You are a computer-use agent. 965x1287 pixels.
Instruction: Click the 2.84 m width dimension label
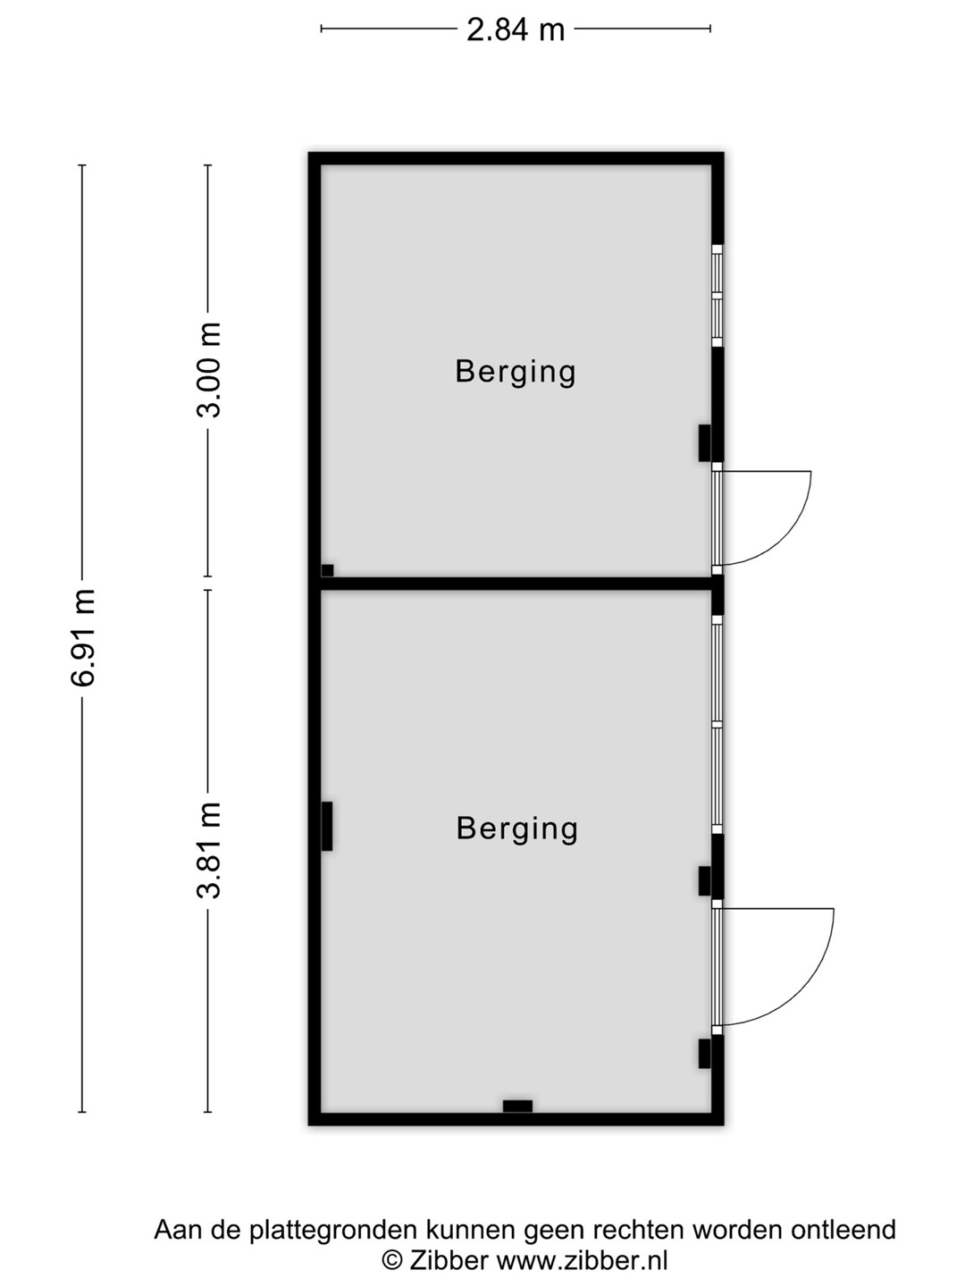pyautogui.click(x=515, y=29)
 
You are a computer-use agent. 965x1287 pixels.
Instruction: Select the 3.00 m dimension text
pyautogui.click(x=208, y=369)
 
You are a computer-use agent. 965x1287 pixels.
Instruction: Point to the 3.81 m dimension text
pyautogui.click(x=208, y=850)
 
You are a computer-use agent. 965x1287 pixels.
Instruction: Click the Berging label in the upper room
pyautogui.click(x=516, y=373)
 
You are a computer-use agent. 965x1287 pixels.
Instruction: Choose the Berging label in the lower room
pyautogui.click(x=516, y=829)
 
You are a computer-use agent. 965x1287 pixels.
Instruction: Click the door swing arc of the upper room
pyautogui.click(x=785, y=540)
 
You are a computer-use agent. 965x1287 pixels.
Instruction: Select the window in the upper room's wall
pyautogui.click(x=717, y=296)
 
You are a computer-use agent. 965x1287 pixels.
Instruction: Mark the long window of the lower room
pyautogui.click(x=717, y=724)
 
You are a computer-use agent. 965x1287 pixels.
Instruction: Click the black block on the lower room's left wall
pyautogui.click(x=327, y=826)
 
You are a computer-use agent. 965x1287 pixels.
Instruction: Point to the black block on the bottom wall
pyautogui.click(x=517, y=1106)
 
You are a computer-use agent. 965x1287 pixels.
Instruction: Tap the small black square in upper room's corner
pyautogui.click(x=328, y=570)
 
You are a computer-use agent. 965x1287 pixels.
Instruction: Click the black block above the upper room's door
pyautogui.click(x=704, y=442)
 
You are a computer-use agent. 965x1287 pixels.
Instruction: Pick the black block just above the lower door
pyautogui.click(x=704, y=880)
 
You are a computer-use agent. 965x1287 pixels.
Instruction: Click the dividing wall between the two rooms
pyautogui.click(x=516, y=584)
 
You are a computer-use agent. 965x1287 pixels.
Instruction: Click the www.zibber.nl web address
pyautogui.click(x=583, y=1258)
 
